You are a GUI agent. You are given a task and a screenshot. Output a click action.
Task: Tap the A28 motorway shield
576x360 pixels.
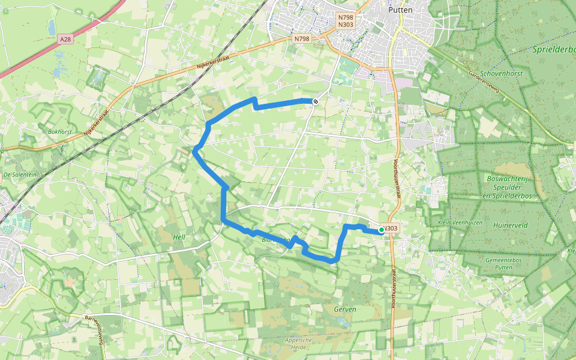65,39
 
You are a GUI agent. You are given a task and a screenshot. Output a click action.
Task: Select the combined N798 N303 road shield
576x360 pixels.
346,21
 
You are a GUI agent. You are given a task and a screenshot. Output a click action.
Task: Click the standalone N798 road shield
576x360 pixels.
302,39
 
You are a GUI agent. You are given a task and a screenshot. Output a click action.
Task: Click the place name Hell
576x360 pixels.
179,238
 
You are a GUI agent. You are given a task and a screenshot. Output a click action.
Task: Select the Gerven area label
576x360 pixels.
346,310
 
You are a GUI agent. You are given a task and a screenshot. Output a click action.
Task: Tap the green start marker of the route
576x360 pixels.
382,230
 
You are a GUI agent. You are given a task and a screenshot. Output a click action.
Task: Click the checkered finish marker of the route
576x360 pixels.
314,101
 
